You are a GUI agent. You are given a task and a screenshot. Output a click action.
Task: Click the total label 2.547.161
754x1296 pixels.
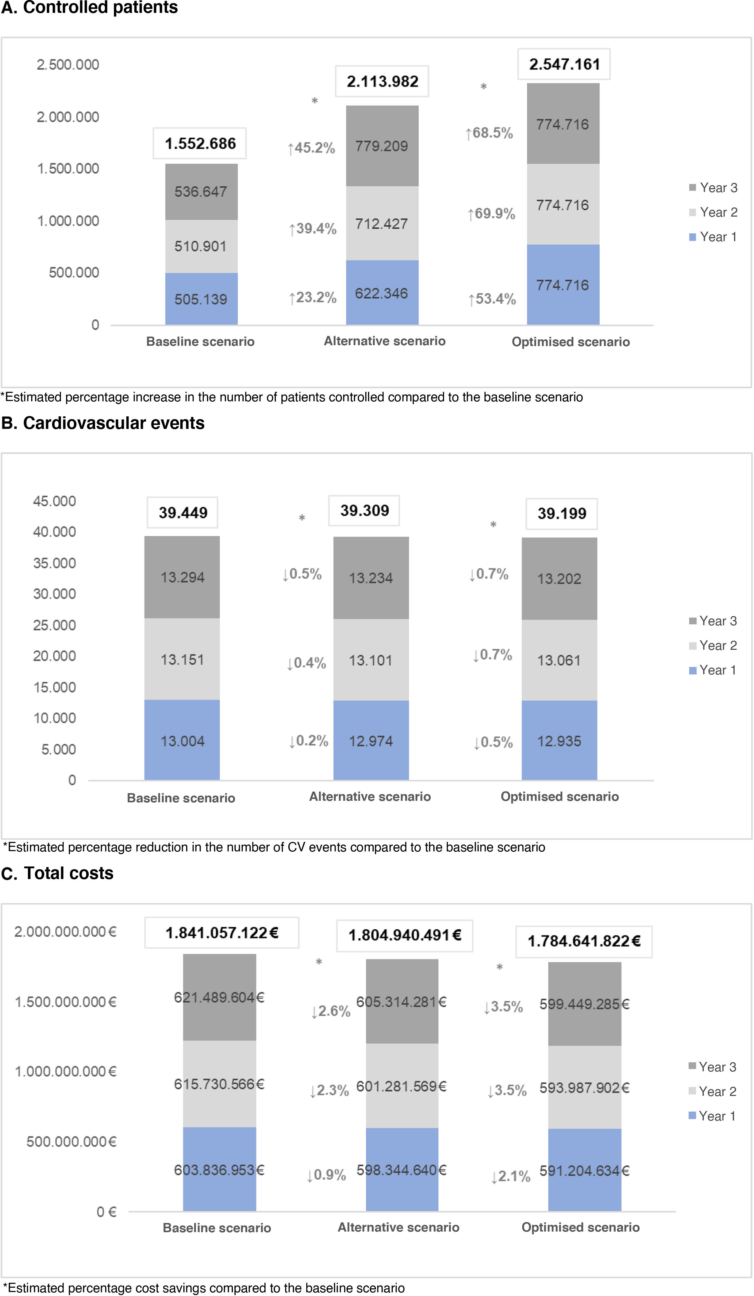(x=564, y=64)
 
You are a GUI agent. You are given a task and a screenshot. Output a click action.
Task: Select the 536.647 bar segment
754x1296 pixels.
(x=201, y=192)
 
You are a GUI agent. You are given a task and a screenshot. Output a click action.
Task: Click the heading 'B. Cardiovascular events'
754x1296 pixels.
(x=103, y=423)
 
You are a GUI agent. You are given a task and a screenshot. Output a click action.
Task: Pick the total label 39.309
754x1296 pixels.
(x=364, y=511)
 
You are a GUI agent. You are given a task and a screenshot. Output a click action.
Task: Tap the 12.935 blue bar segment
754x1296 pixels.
(x=559, y=741)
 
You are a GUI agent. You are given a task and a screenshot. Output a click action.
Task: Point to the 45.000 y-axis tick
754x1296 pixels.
(x=55, y=501)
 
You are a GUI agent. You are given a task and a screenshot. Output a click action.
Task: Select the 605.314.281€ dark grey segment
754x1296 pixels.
(x=402, y=1002)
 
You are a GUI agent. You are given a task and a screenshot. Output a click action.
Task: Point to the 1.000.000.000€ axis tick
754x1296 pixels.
(x=65, y=1071)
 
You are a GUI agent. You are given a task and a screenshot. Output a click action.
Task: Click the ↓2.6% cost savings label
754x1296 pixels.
(x=331, y=1011)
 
